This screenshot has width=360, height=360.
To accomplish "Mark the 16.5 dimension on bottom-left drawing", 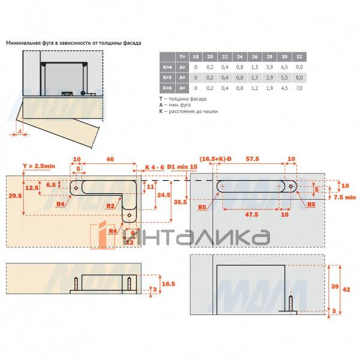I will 169,282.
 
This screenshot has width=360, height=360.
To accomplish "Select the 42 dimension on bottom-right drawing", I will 346,289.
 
